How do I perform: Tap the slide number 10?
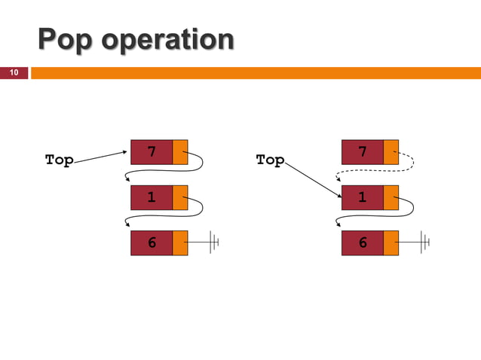click(x=13, y=72)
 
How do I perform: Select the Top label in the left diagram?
click(x=59, y=160)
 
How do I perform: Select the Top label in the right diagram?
click(x=270, y=160)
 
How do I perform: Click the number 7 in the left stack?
click(x=152, y=152)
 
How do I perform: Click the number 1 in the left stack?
click(x=152, y=197)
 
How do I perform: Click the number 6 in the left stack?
click(x=152, y=243)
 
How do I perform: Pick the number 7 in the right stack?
click(x=363, y=152)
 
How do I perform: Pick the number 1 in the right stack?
click(x=363, y=197)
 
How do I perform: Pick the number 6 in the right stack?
click(x=363, y=243)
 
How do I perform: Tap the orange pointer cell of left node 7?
click(x=180, y=152)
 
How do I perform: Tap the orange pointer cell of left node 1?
click(x=180, y=197)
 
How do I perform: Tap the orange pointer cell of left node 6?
click(x=180, y=243)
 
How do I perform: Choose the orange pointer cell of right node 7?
click(x=391, y=152)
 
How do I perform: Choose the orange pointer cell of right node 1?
click(x=391, y=197)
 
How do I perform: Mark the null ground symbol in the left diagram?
click(x=215, y=243)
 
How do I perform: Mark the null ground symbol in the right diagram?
click(x=426, y=243)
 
